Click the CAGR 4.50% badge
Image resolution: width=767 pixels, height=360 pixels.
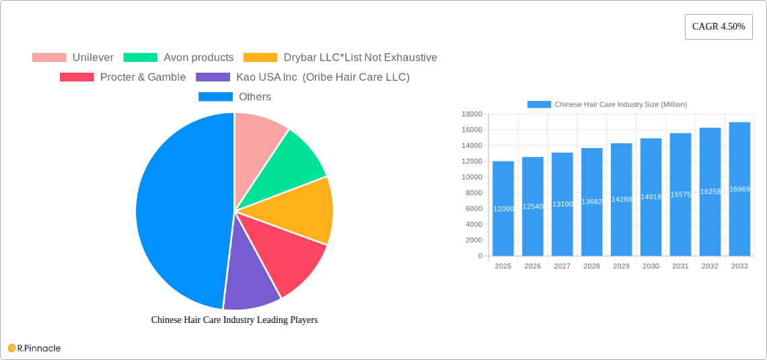719,27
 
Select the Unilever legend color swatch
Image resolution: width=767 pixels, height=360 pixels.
49,58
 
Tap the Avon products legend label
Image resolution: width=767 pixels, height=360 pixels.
198,58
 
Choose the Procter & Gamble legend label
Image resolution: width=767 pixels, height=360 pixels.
143,77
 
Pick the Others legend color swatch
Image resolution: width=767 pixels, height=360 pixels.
215,97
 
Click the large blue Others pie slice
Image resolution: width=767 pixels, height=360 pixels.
175,209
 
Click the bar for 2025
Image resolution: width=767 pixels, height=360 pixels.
503,209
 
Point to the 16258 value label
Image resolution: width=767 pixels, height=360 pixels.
710,192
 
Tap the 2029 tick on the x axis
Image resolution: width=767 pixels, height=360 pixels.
621,266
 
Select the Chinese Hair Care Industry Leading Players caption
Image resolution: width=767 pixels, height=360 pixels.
234,320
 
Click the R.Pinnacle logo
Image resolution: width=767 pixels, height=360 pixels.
34,348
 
